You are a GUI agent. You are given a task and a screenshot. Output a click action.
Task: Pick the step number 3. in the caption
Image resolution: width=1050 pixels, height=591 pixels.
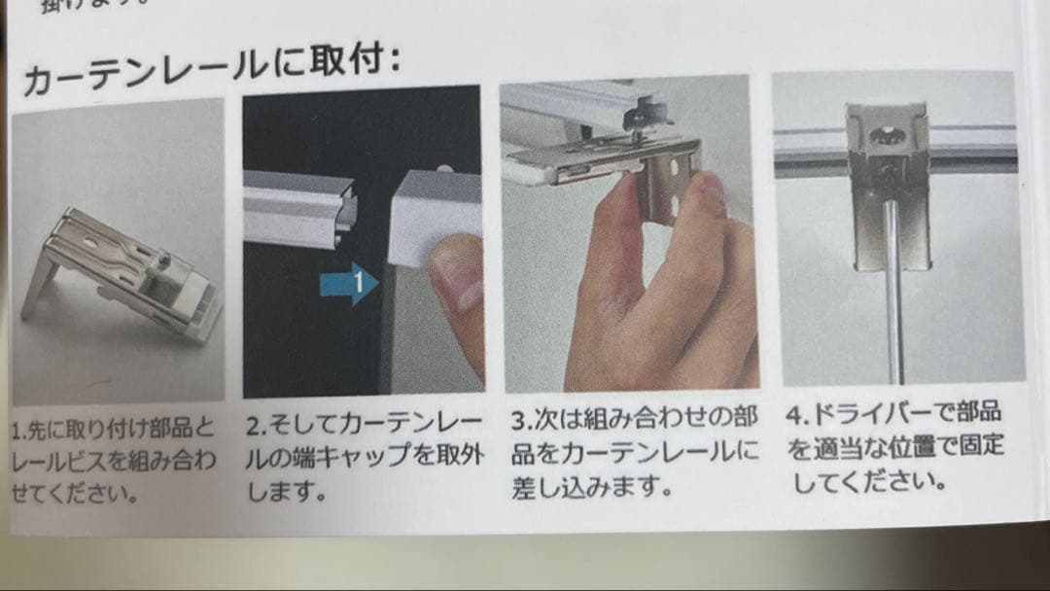tap(522, 422)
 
